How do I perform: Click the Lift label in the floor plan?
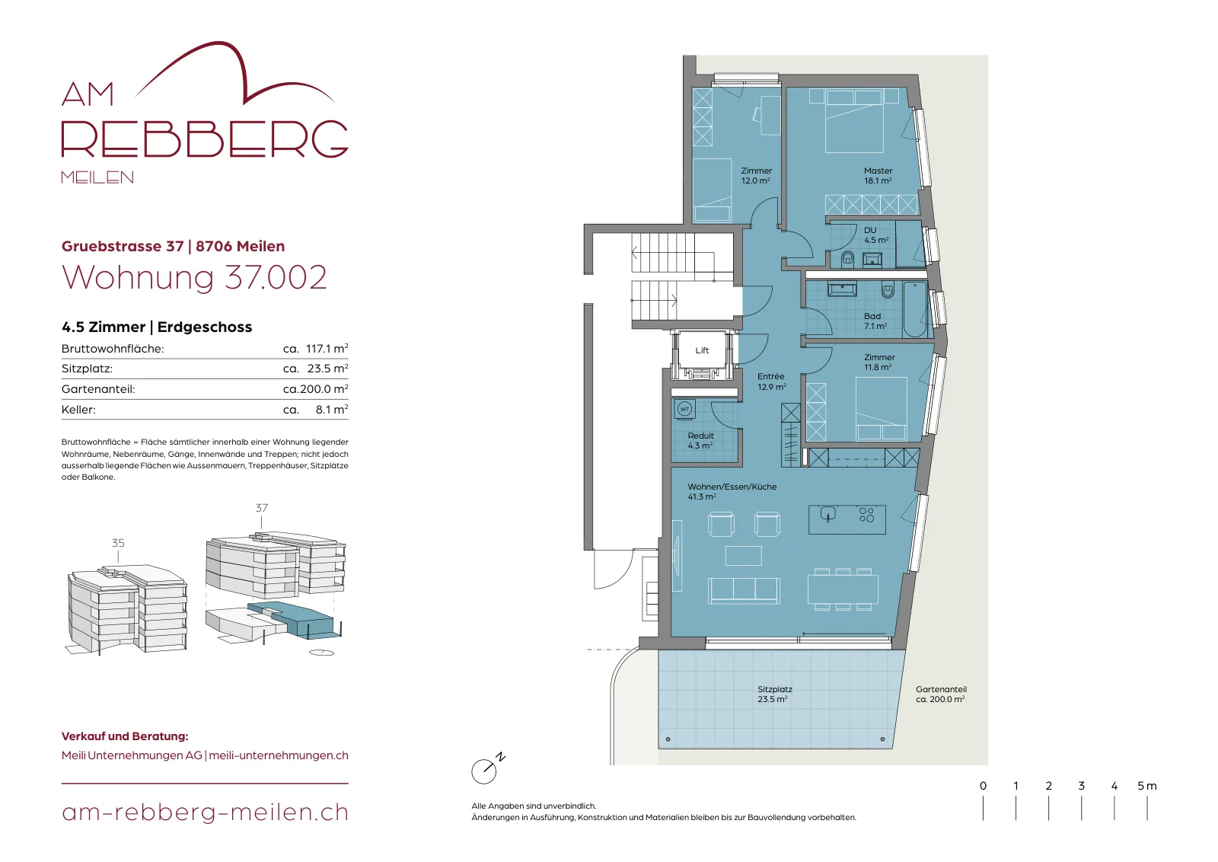702,350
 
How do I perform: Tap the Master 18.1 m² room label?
878,176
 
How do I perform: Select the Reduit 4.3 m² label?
700,440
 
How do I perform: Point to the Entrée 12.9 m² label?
772,382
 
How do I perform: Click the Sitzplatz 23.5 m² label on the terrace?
774,694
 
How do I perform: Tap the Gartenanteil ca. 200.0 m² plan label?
941,694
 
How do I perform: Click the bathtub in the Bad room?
916,309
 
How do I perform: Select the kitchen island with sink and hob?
847,519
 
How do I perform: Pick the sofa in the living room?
744,591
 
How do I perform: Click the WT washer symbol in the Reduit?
684,410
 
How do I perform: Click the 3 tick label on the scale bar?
1082,786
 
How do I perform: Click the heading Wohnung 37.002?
194,277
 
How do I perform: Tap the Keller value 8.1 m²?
332,409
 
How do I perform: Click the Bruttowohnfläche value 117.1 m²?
327,348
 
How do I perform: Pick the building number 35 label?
118,543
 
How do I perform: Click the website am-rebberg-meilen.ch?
205,812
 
